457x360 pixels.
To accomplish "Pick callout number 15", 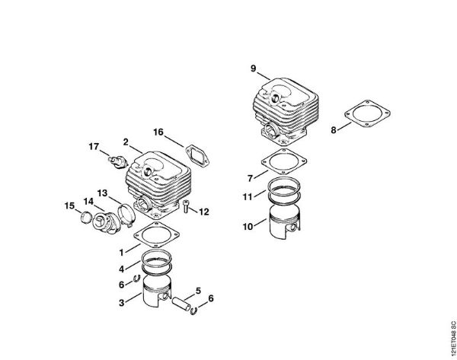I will click(69, 205).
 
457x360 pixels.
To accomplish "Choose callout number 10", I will click(248, 226).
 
